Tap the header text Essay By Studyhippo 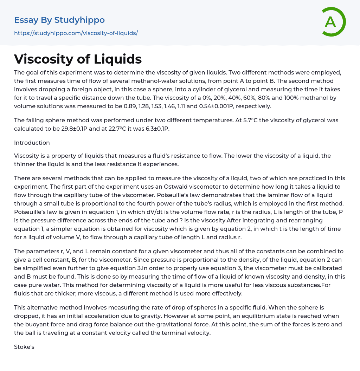(x=59, y=20)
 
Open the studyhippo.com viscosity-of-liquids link (x=76, y=33)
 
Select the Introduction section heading (x=32, y=143)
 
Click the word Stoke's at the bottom (x=24, y=347)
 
